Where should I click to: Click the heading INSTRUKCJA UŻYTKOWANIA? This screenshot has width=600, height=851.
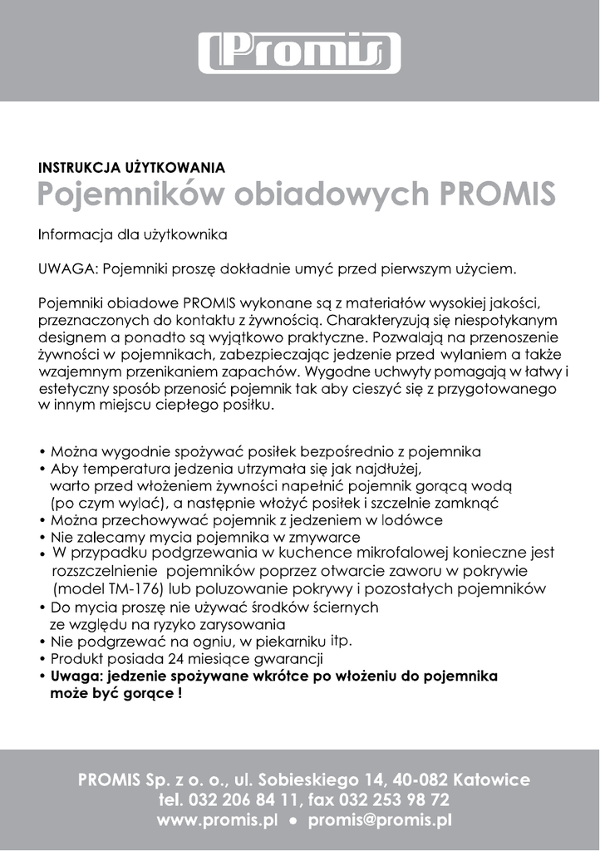click(x=131, y=167)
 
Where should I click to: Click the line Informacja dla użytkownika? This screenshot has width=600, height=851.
click(x=133, y=235)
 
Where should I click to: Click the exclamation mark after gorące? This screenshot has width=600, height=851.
click(x=179, y=693)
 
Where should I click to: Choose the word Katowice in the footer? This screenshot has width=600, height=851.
click(x=489, y=780)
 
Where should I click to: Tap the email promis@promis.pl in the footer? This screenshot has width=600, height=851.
click(x=379, y=820)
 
